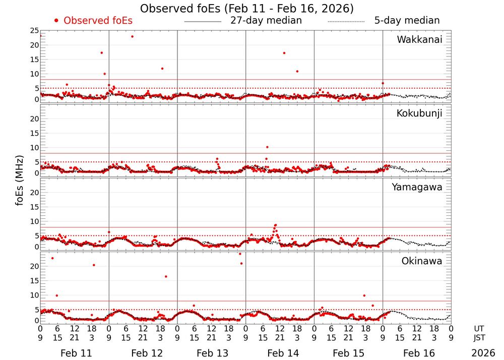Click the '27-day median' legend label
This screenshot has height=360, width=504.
[266, 21]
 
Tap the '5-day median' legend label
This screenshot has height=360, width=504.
[407, 21]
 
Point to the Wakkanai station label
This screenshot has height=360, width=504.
[419, 40]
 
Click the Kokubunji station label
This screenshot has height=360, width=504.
[419, 113]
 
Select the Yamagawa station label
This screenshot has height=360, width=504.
[417, 187]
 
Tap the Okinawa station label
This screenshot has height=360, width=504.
[421, 261]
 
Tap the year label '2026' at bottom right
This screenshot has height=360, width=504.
[483, 353]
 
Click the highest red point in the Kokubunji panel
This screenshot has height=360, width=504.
[267, 147]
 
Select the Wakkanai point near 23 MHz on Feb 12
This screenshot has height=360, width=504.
[132, 36]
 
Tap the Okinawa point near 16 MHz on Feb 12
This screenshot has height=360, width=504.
[166, 276]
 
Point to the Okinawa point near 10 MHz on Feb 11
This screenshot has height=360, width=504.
[57, 295]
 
